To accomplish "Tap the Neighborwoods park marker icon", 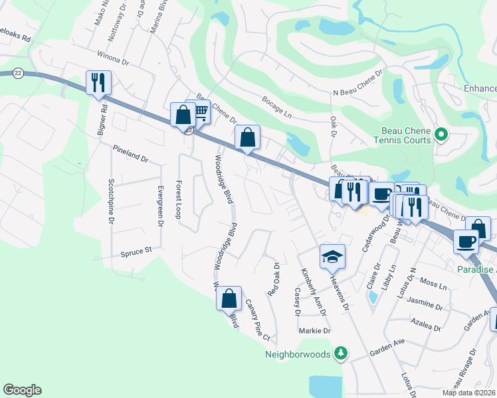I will (341, 353).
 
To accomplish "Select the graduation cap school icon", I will (332, 256).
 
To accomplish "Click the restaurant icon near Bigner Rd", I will (98, 82).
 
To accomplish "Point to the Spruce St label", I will (137, 251).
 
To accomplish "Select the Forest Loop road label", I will (177, 198).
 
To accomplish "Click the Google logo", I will (22, 390).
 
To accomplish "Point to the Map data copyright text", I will (468, 393).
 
